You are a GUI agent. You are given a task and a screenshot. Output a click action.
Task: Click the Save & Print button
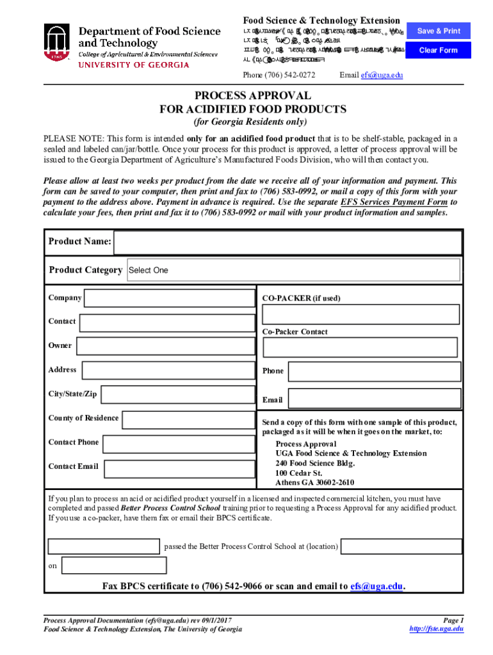coord(439,31)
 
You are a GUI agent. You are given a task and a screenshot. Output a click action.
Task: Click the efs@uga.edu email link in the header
coord(382,75)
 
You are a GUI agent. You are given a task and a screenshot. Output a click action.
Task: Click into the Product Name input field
coord(287,242)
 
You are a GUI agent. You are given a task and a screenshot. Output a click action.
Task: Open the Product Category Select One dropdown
coord(293,270)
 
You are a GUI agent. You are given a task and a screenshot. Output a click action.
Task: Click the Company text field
coord(169,299)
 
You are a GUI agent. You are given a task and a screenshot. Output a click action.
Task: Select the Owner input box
coord(165,347)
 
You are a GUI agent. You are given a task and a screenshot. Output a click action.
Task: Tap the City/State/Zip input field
coord(177,395)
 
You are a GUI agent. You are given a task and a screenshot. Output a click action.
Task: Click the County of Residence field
coord(188,420)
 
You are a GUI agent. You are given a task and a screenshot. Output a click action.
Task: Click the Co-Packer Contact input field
coord(360,347)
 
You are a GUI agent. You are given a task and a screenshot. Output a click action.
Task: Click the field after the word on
coord(113,565)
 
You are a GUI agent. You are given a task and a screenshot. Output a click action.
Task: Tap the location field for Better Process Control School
coord(401,546)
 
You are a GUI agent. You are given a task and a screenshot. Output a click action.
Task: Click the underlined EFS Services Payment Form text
coord(394,202)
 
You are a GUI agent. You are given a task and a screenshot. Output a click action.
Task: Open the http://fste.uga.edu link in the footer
coord(436,629)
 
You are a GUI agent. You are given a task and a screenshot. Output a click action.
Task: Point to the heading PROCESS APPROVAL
coord(253,96)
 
